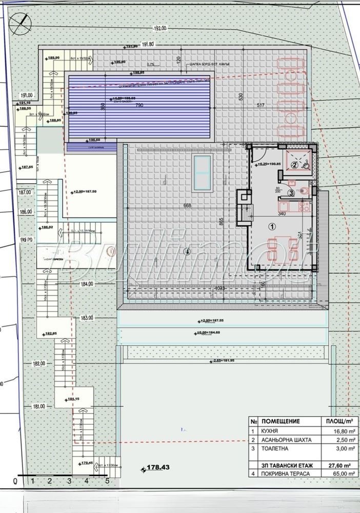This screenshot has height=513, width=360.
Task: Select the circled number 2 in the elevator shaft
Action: [x=294, y=165]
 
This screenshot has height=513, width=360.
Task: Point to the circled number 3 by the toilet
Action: [x=291, y=193]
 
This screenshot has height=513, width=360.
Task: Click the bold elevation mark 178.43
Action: [x=158, y=467]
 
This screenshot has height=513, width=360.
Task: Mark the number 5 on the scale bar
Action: [x=108, y=481]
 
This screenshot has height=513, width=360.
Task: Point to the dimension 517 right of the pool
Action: [x=262, y=105]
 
